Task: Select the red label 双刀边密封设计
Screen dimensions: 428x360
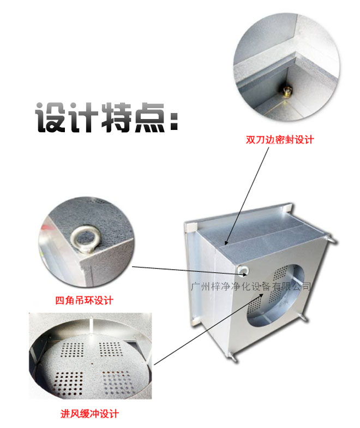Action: (x=280, y=140)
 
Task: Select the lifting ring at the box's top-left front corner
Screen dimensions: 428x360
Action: (x=242, y=269)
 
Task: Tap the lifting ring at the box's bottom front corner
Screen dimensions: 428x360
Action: (x=232, y=356)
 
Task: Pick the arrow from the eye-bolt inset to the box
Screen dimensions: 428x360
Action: (x=185, y=268)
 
